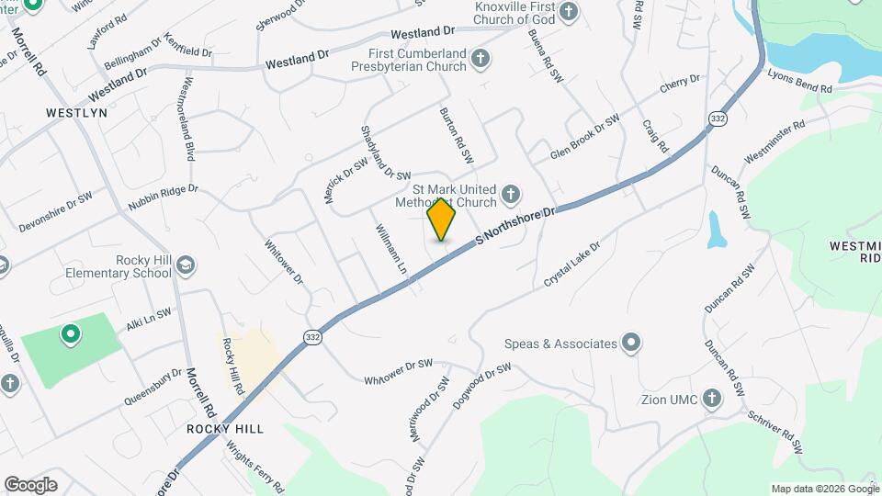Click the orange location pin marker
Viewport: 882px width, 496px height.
point(442,219)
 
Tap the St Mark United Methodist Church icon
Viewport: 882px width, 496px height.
point(512,195)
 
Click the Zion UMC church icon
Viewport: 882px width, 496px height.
point(710,399)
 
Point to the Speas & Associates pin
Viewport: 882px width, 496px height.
point(630,344)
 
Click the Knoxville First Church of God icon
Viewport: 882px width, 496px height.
point(569,12)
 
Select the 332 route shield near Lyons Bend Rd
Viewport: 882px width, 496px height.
point(718,118)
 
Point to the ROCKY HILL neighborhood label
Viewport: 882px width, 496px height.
point(225,429)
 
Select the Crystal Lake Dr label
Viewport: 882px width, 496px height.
point(571,265)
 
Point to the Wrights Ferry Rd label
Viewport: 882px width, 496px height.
point(255,468)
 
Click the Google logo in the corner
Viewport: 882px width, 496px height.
point(30,484)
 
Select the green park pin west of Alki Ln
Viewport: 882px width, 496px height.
point(69,334)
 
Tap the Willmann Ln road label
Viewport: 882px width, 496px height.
point(390,250)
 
